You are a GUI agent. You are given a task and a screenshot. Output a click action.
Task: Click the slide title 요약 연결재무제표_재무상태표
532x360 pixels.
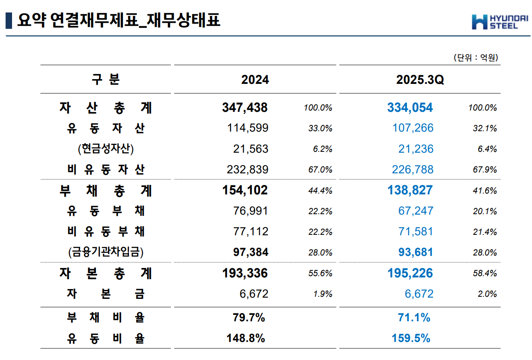pos(118,20)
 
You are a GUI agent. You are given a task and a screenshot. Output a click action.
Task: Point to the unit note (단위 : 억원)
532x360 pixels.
pos(475,58)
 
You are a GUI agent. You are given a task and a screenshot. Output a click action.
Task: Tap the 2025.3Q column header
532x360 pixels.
pos(420,80)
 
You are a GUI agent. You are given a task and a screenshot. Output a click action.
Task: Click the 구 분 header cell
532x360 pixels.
pos(106,80)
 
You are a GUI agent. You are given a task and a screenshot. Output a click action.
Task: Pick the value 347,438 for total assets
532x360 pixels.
pos(245,108)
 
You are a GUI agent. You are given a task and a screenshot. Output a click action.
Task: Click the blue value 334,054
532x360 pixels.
pos(410,108)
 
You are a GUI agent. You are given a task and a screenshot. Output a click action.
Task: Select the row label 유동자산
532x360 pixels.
pos(106,128)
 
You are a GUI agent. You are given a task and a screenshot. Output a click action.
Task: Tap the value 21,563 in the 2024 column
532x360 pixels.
pos(250,149)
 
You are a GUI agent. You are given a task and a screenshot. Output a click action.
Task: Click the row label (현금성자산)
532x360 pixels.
pos(106,149)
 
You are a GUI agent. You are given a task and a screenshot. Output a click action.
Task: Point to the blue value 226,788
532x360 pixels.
pos(412,169)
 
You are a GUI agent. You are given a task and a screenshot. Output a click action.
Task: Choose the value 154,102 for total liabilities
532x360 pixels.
pos(245,190)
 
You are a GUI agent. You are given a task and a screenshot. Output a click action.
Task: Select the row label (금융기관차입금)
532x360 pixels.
pos(106,252)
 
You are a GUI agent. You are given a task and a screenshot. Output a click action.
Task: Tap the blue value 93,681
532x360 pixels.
pos(415,252)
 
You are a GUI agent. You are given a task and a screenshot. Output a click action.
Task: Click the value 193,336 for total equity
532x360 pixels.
pos(245,273)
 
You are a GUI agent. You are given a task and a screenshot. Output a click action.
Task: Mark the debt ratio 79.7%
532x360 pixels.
pos(246,318)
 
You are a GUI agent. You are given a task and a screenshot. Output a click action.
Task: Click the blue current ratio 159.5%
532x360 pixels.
pos(411,338)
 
